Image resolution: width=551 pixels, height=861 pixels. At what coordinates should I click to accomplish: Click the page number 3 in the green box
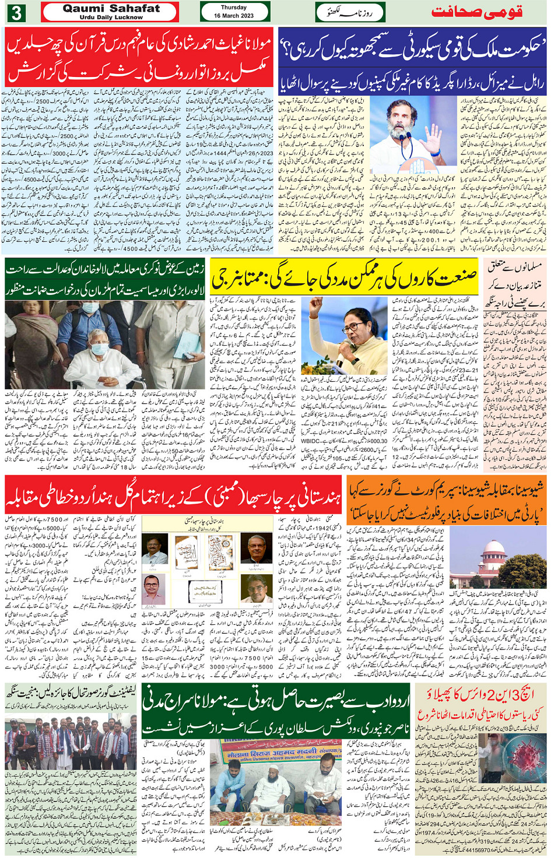click(x=16, y=12)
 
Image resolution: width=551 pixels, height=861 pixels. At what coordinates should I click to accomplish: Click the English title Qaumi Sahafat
click(x=111, y=9)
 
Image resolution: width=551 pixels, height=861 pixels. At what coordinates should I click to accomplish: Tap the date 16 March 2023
click(x=234, y=16)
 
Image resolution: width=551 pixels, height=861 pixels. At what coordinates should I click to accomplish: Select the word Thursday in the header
click(x=234, y=8)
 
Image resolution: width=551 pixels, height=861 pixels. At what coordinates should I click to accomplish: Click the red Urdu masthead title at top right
click(x=476, y=12)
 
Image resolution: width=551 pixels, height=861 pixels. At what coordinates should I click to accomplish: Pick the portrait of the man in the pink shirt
click(x=154, y=589)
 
